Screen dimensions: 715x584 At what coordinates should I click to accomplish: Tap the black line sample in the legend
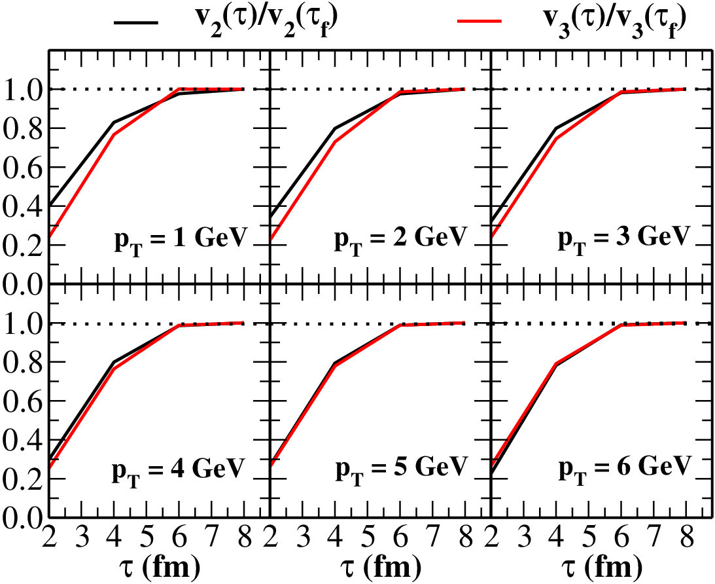coord(136,22)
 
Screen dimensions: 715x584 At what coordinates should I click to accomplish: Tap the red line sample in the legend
coord(480,21)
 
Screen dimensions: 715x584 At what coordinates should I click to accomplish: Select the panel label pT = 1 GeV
coord(180,240)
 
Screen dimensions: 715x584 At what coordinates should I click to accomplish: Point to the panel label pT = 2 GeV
coord(401,240)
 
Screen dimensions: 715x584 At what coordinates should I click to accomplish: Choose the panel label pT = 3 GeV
coord(623,240)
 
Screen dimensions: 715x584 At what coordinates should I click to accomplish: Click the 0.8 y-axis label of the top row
coord(21,128)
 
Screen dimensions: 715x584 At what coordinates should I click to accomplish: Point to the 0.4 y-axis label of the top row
coord(21,206)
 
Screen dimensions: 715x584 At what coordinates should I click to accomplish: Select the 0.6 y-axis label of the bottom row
coord(21,401)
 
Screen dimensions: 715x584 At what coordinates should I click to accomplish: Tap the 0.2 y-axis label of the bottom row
coord(21,479)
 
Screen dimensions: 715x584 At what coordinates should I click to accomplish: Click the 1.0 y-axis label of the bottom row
coord(21,323)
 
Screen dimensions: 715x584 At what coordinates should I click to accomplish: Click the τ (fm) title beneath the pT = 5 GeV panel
coord(381,568)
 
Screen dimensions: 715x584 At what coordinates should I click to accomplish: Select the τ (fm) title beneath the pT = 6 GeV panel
coord(602,568)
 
